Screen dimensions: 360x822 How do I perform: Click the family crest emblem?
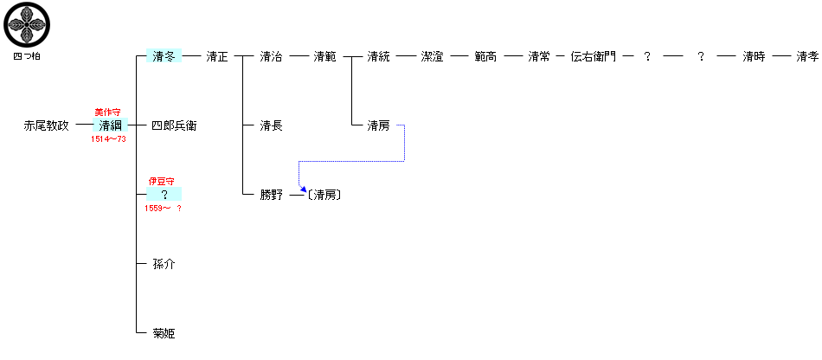[27, 26]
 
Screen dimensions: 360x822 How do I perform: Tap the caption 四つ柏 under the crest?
[27, 56]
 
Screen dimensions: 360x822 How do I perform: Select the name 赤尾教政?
[46, 126]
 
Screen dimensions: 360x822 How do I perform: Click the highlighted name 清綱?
[111, 126]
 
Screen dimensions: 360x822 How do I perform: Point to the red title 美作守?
[107, 112]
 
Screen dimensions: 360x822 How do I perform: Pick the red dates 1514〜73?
[109, 139]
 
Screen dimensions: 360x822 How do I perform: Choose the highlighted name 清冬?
[164, 57]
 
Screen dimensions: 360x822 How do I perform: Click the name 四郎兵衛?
[174, 126]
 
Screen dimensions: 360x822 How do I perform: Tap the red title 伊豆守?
[162, 182]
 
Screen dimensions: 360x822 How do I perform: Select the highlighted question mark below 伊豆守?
[164, 196]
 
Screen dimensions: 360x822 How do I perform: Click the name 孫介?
[164, 264]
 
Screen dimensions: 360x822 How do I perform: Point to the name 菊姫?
[164, 333]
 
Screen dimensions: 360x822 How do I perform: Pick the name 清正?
[217, 57]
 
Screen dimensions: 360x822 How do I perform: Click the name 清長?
[271, 126]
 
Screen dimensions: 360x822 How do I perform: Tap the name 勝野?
[271, 196]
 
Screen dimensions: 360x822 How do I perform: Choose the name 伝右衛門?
[594, 57]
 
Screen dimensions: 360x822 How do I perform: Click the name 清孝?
[807, 57]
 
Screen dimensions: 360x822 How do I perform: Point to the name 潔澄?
[432, 57]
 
